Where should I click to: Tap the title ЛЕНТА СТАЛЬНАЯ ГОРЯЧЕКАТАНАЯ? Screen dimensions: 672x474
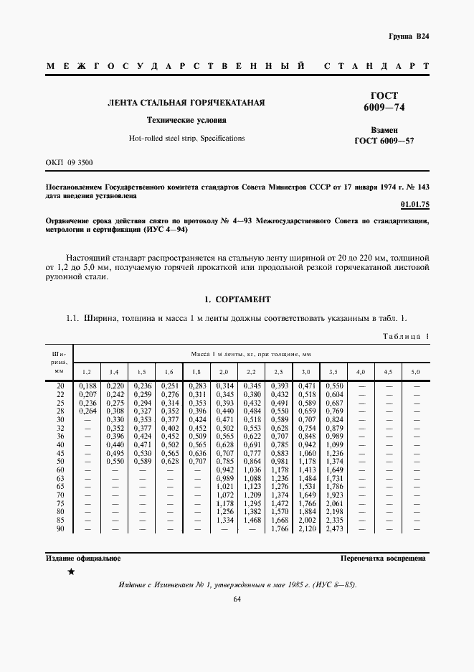[x=186, y=103]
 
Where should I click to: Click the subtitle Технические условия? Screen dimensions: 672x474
[x=186, y=121]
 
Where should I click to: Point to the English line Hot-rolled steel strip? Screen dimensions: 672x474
[x=186, y=138]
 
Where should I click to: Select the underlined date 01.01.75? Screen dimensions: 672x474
[x=414, y=205]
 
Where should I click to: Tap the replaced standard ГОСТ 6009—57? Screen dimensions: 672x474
[x=384, y=141]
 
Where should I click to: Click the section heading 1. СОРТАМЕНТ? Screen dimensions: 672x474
[x=237, y=299]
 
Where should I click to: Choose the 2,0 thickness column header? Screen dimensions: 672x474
[x=223, y=372]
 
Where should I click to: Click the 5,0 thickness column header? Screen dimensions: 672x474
[x=415, y=372]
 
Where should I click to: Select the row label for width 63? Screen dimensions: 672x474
[x=60, y=478]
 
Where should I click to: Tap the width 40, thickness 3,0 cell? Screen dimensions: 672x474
[x=305, y=445]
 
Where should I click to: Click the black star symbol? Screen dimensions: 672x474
[x=71, y=571]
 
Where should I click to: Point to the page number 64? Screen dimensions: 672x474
[x=237, y=600]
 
